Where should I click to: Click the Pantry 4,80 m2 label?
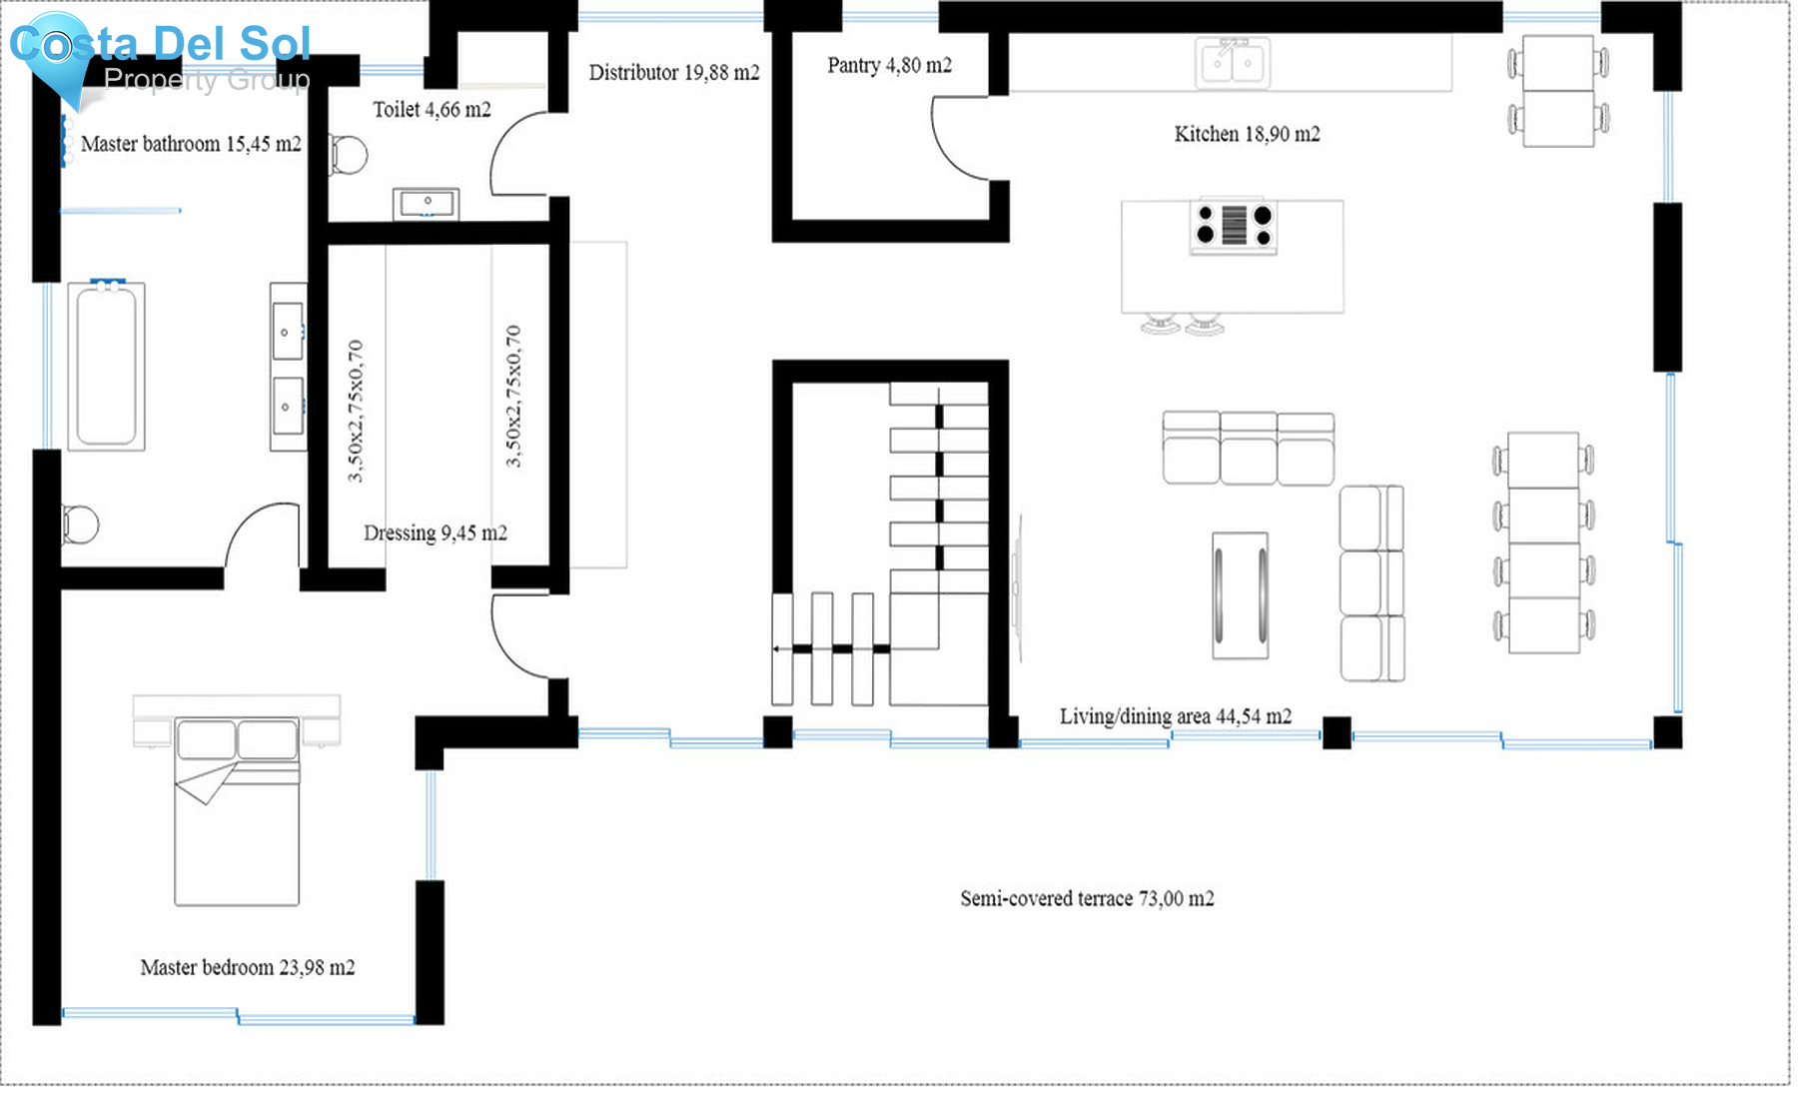click(x=889, y=66)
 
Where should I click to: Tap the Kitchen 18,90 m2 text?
click(x=1246, y=134)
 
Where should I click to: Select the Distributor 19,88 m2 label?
click(x=673, y=73)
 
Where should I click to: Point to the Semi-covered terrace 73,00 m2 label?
click(x=1087, y=898)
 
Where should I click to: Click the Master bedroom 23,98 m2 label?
click(x=247, y=967)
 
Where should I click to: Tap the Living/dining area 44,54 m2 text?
click(x=1175, y=716)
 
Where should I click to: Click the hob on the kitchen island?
click(x=1234, y=226)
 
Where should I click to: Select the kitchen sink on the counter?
click(x=1233, y=63)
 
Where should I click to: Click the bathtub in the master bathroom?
click(x=106, y=367)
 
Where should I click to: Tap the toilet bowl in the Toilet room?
click(x=349, y=155)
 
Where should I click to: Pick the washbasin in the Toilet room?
click(x=427, y=204)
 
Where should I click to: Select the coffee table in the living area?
click(x=1240, y=595)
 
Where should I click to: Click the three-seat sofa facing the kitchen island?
click(x=1248, y=449)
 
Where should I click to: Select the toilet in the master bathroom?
click(x=80, y=525)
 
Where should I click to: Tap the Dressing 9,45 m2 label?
click(x=435, y=534)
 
